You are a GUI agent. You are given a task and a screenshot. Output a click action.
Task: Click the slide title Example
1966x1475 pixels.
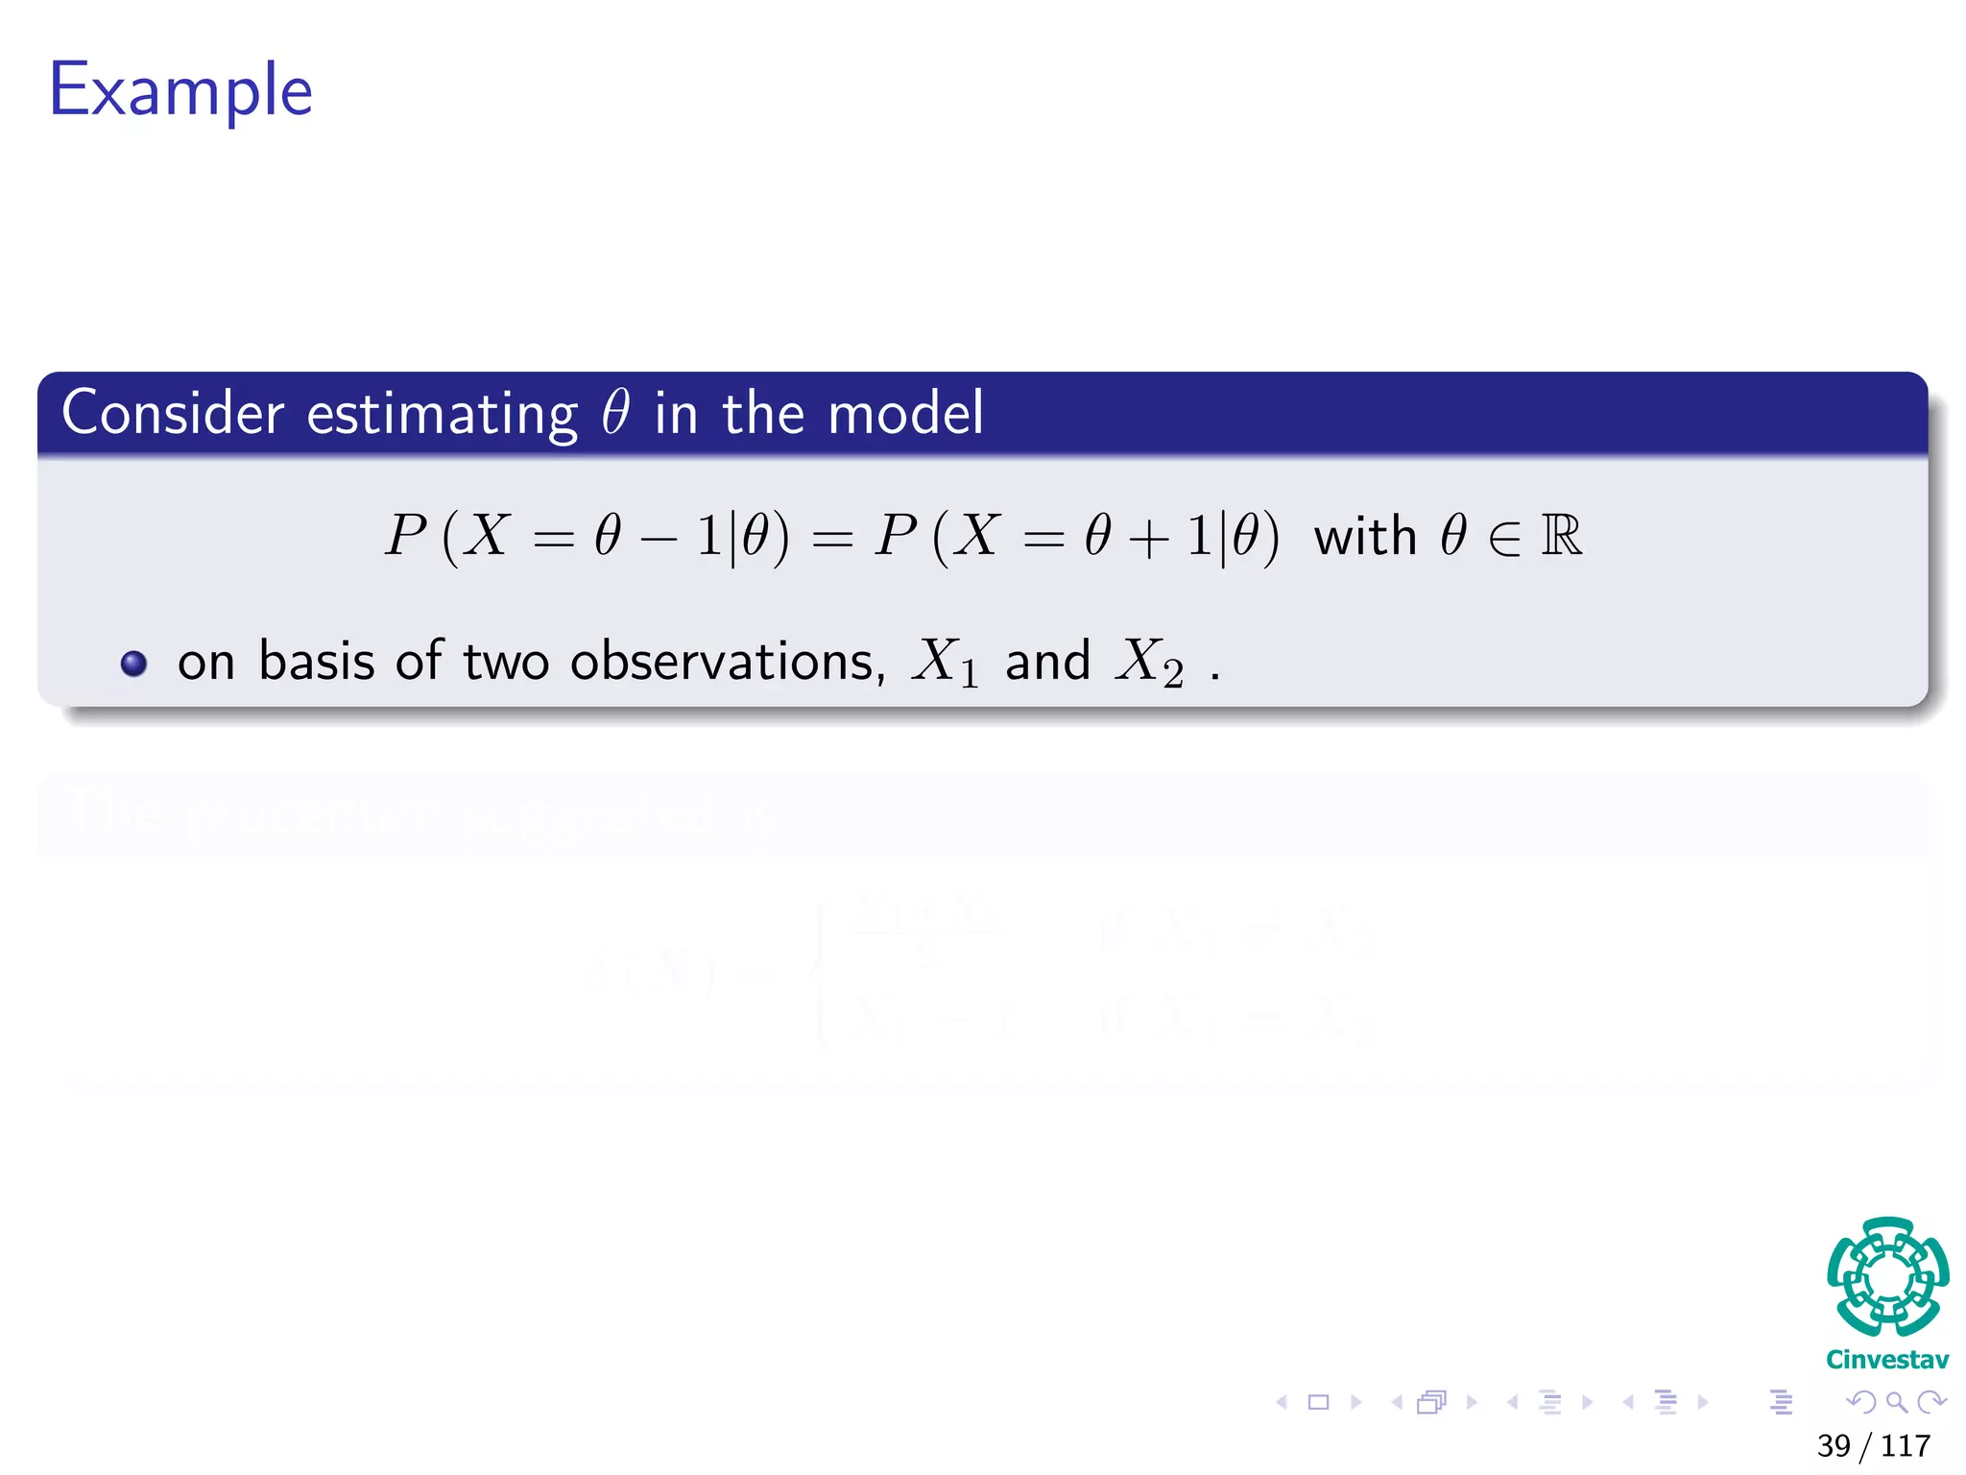coord(180,90)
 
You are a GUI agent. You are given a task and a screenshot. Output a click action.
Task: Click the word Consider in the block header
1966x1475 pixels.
coord(173,413)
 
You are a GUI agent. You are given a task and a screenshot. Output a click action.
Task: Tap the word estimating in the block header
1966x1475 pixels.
coord(442,415)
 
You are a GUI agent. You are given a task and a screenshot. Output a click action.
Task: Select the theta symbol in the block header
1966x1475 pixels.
coord(615,413)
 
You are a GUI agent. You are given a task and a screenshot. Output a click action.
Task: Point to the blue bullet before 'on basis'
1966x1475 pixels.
coord(134,664)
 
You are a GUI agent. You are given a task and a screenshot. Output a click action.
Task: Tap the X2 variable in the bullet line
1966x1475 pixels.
coord(1149,662)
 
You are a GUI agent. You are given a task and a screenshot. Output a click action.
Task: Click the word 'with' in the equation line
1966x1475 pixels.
coord(1365,536)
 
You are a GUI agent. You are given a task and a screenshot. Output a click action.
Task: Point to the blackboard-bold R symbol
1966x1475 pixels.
coord(1561,536)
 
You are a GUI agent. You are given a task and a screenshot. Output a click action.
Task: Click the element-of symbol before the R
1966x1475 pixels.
coord(1504,538)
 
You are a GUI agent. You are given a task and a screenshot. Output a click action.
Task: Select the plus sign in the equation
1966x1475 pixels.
coord(1148,538)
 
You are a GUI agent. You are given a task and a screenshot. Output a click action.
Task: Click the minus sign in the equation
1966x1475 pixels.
coord(659,538)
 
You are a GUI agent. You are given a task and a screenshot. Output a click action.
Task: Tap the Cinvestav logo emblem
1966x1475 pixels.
coord(1887,1276)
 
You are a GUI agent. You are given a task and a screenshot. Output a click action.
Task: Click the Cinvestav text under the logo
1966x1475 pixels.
coord(1887,1360)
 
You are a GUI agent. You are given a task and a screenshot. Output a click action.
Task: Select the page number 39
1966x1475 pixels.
coord(1834,1445)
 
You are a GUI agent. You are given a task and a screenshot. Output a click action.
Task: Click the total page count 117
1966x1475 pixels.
coord(1906,1445)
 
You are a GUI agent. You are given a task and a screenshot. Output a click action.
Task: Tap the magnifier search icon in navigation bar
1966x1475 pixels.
coord(1896,1402)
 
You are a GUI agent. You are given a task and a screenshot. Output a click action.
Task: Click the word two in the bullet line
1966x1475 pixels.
coord(506,662)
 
